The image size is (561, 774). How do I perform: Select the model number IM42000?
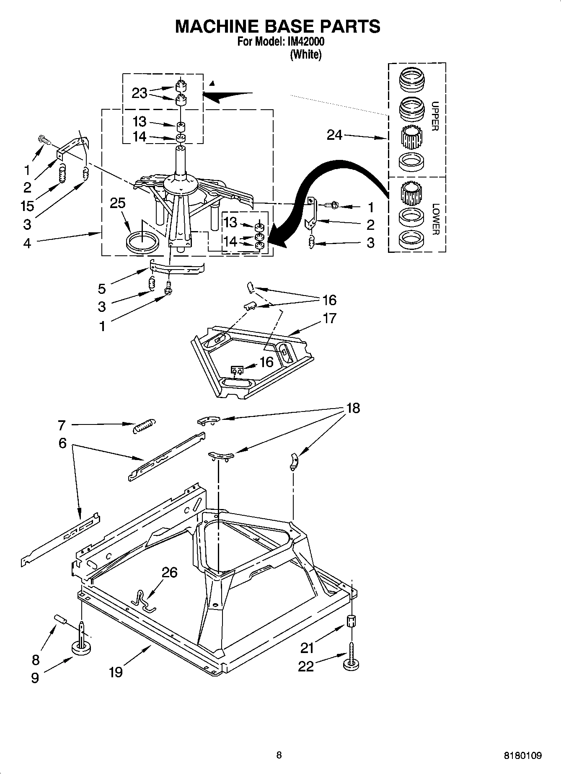point(305,42)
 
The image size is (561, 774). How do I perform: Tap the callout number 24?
point(334,135)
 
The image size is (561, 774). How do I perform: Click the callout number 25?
point(118,203)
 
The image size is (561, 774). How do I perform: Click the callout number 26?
point(169,572)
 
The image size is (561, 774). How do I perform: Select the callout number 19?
point(116,672)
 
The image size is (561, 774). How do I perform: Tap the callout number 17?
point(330,318)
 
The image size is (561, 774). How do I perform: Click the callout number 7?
point(62,425)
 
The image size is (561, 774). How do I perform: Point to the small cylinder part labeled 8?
point(60,619)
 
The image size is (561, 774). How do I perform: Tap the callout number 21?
point(307,648)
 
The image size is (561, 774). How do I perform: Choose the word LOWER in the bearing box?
point(435,219)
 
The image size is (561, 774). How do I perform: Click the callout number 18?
point(353,408)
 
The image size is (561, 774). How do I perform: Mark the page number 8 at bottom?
point(279,755)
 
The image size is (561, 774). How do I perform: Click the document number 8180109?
point(522,756)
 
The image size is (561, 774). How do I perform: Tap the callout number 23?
point(139,93)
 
